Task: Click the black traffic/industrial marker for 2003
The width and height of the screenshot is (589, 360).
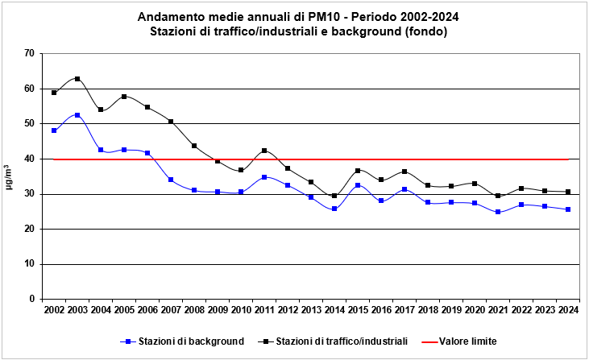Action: [x=77, y=79]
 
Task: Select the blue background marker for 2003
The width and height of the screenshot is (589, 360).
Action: [x=77, y=115]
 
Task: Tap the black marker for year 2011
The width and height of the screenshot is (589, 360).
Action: [x=264, y=151]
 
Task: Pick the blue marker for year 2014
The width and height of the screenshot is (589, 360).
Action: [x=334, y=209]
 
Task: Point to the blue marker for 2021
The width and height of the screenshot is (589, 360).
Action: [x=498, y=212]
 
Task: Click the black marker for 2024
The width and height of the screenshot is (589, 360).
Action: [x=568, y=192]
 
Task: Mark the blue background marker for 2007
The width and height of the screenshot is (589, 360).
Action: [x=171, y=180]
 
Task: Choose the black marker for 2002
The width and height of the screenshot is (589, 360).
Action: [x=54, y=93]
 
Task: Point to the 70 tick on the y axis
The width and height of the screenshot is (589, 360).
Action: [x=29, y=53]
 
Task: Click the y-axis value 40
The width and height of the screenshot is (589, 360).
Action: [x=29, y=159]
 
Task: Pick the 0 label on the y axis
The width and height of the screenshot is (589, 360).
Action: [x=31, y=299]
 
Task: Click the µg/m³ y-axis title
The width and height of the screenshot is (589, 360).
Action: [x=10, y=176]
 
